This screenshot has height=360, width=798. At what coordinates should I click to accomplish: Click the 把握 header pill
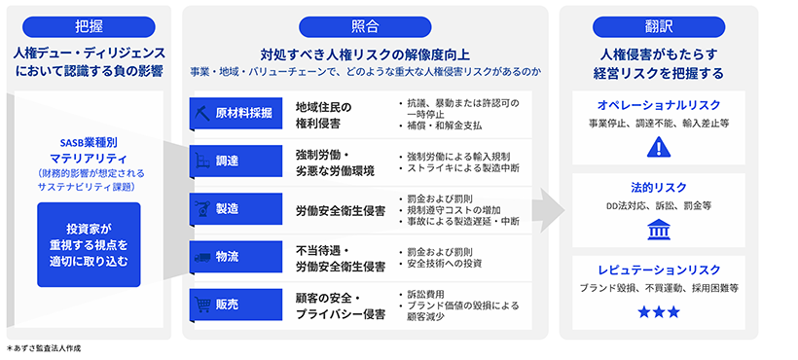click(86, 26)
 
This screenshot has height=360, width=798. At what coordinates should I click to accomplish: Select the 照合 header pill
click(365, 26)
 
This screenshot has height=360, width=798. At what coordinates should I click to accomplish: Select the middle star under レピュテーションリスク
click(657, 311)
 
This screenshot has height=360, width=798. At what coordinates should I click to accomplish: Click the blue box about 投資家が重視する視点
click(89, 244)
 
